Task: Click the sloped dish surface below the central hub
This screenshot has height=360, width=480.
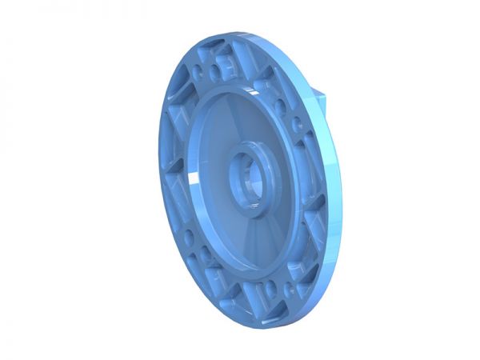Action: point(240,240)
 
